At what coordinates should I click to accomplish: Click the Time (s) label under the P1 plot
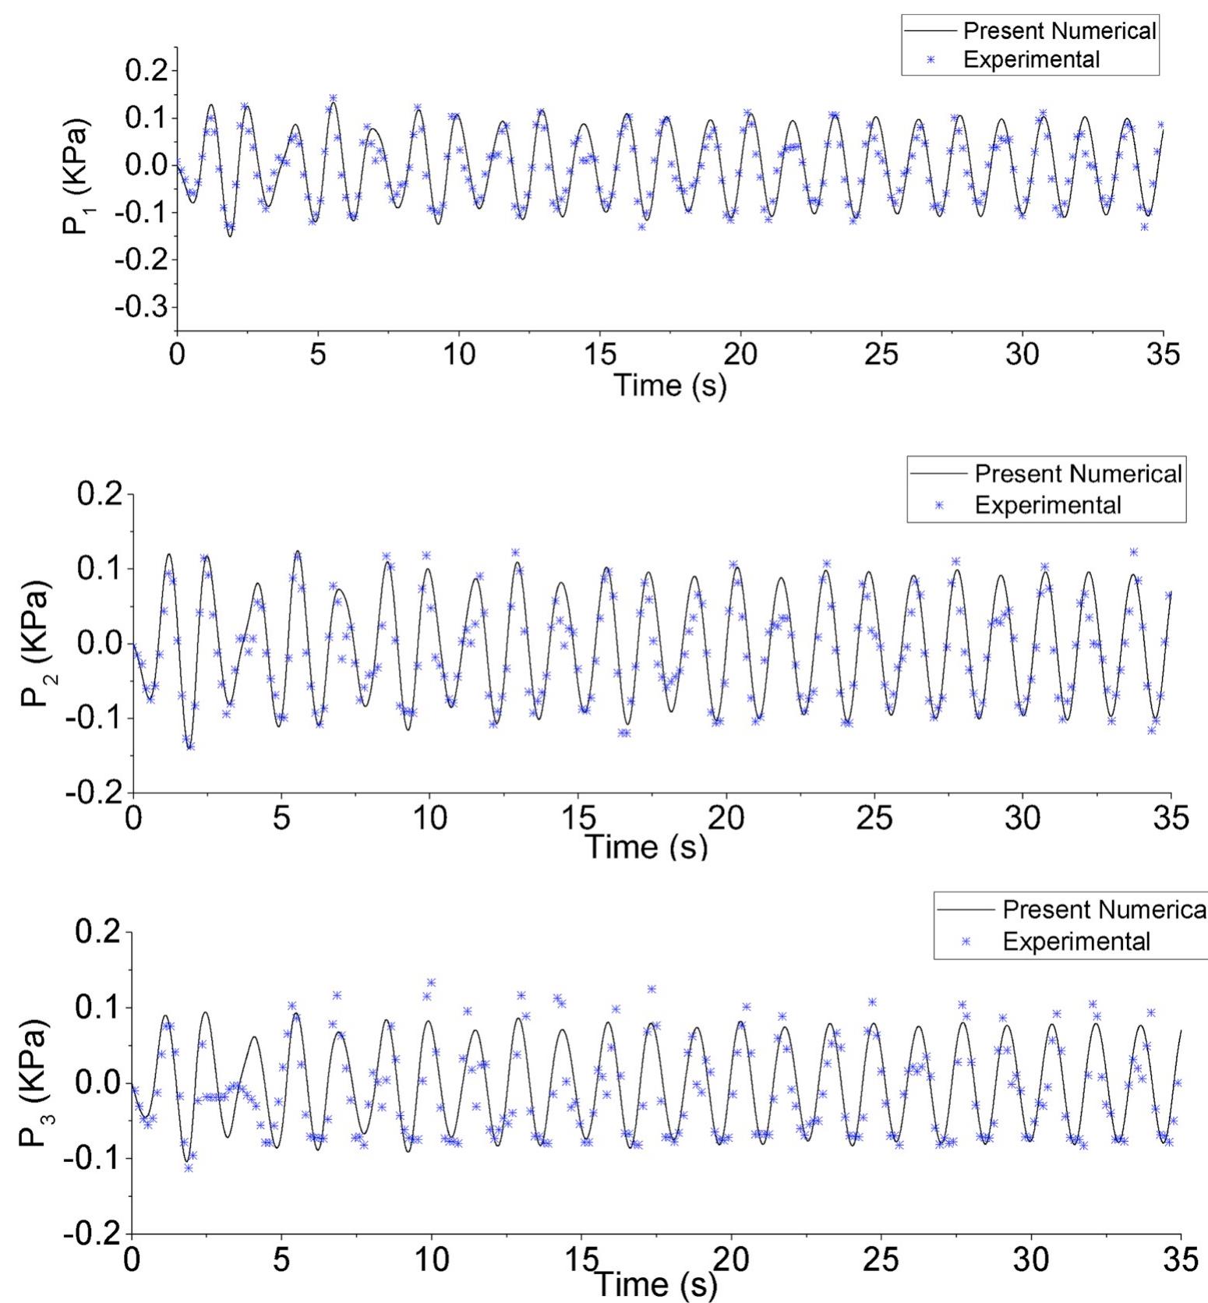click(x=670, y=384)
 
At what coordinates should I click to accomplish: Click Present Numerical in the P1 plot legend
click(x=1060, y=31)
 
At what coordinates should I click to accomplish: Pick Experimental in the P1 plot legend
click(x=1032, y=59)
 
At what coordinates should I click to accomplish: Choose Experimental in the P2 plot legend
click(x=1047, y=505)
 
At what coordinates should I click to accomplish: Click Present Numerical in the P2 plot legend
click(x=1079, y=474)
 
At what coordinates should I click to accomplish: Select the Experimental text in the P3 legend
click(x=1076, y=941)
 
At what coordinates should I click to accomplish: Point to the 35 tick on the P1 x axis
click(x=1163, y=355)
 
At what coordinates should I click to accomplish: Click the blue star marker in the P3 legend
click(x=966, y=941)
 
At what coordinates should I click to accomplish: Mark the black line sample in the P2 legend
click(x=939, y=474)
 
